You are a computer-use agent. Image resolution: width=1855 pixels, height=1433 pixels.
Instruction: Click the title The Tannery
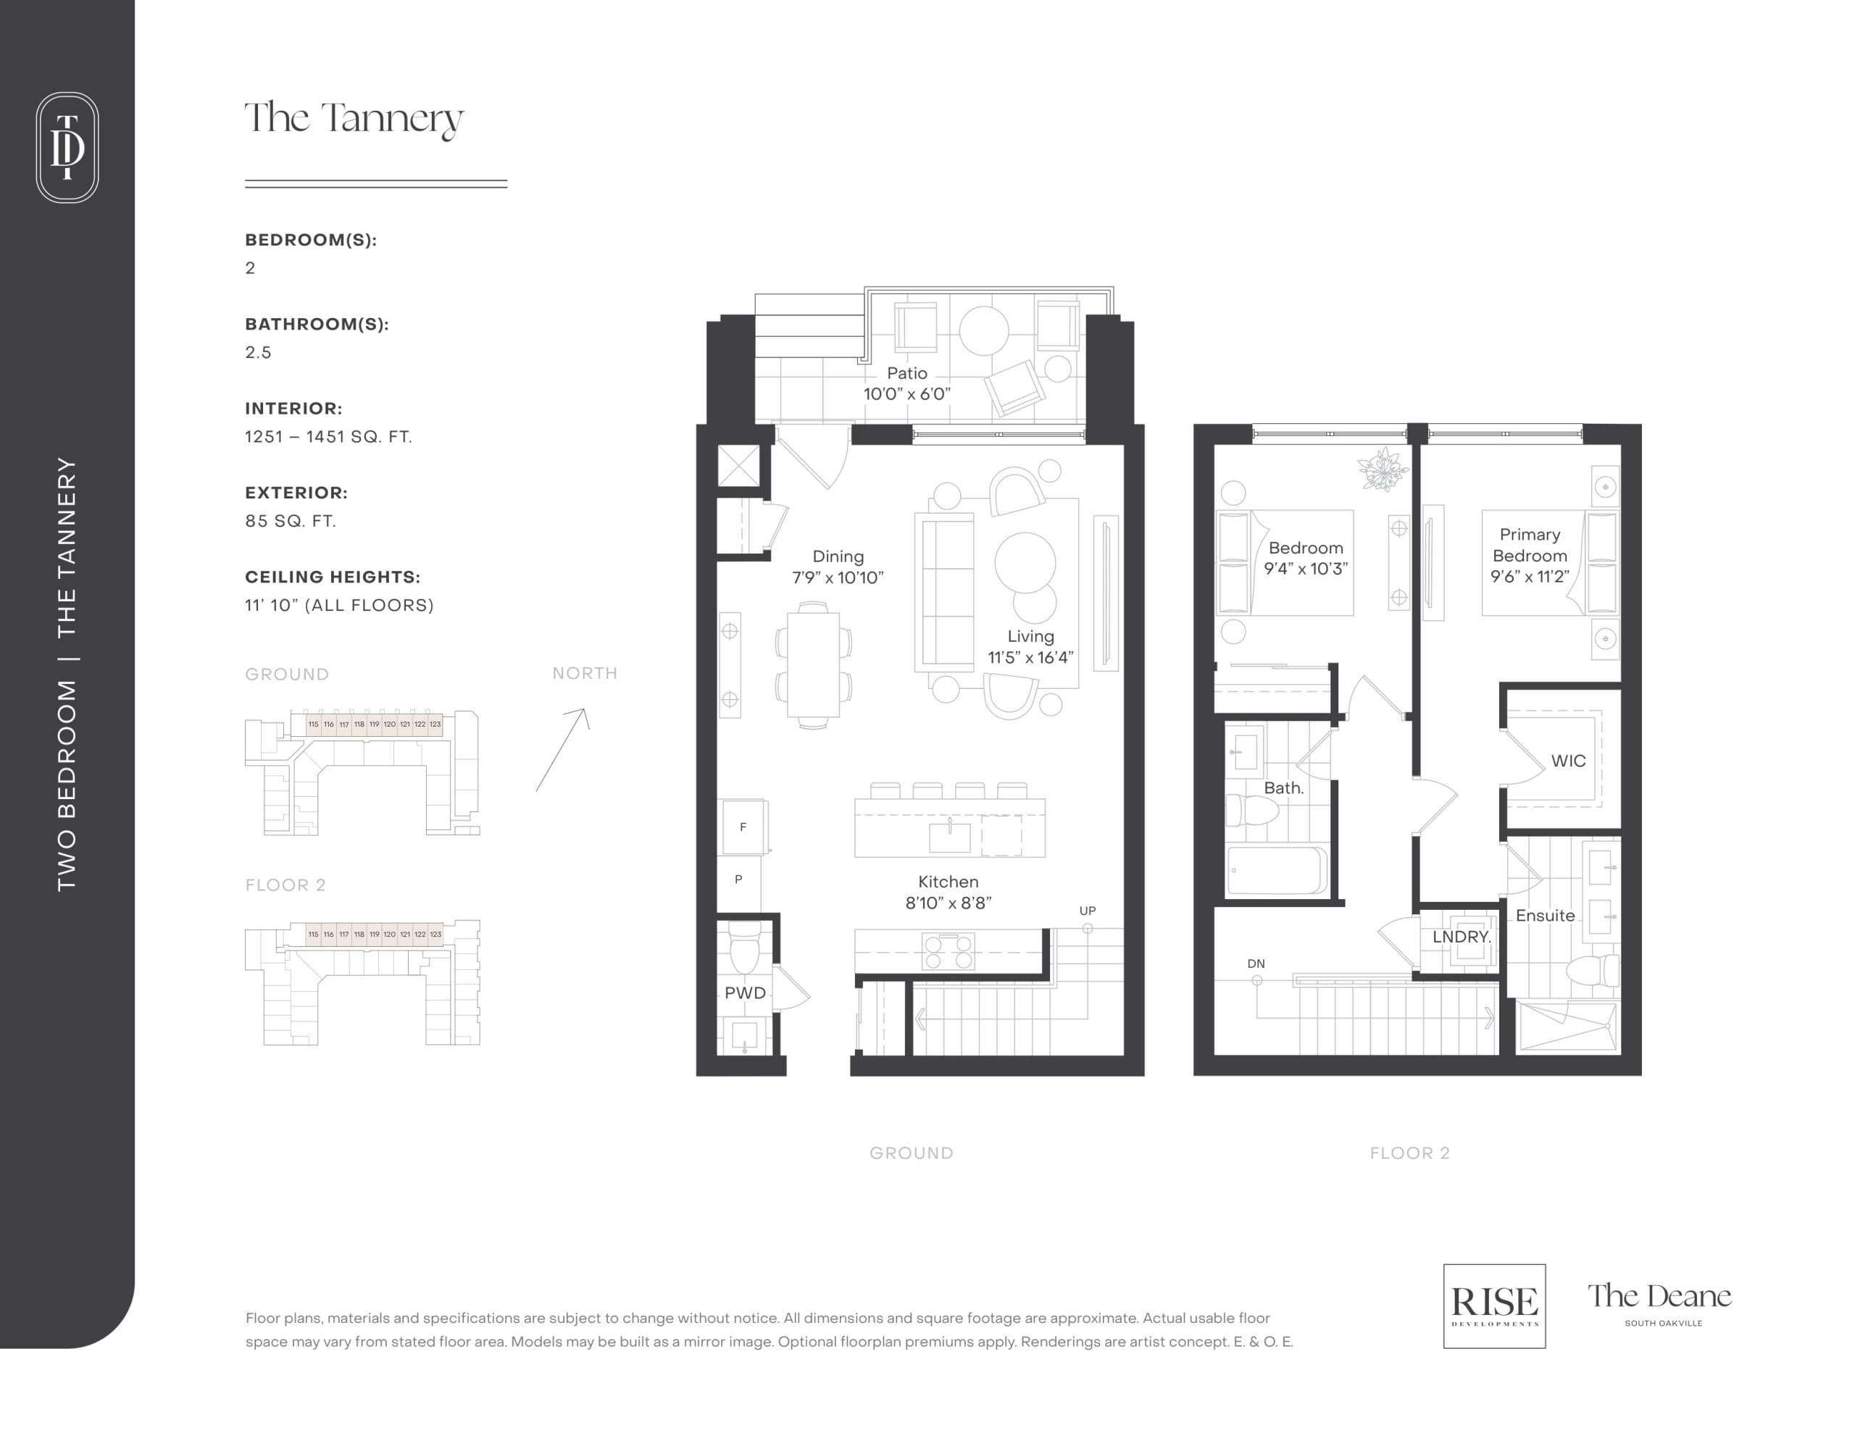[354, 119]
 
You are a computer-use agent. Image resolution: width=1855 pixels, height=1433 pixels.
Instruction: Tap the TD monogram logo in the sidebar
[67, 147]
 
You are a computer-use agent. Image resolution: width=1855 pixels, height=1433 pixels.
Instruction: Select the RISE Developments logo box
[1494, 1305]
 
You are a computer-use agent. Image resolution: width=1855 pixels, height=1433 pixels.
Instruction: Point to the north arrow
[562, 749]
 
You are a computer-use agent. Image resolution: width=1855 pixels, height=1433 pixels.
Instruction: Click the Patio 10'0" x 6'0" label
[906, 383]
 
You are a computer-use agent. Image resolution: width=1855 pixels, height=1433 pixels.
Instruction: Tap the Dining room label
[838, 567]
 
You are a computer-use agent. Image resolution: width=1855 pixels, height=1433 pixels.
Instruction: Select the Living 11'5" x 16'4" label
[1030, 646]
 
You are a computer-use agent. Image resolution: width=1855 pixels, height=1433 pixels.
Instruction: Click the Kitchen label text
[948, 882]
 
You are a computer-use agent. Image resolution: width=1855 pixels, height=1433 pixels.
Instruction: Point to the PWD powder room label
[745, 993]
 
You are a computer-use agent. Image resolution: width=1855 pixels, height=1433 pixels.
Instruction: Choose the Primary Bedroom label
[1529, 556]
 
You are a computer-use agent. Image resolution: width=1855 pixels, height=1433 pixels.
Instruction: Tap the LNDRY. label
[1461, 937]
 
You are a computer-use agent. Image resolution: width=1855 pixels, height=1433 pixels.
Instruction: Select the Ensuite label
[1545, 916]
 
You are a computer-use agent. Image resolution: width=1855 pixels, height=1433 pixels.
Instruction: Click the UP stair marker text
[1087, 911]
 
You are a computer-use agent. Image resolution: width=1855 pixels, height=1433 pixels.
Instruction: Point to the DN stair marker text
[1255, 964]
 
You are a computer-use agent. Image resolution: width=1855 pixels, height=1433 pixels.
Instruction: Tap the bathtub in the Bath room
[1277, 871]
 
